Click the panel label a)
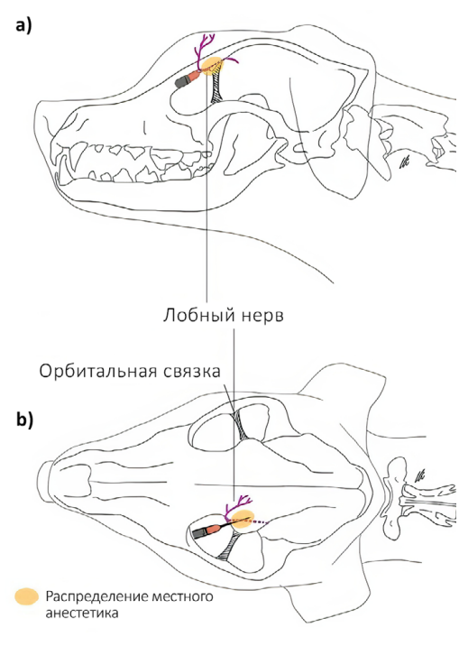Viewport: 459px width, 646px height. tap(23, 26)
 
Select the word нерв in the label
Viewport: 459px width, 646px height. tap(262, 318)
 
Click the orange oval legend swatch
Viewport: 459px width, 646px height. tap(27, 596)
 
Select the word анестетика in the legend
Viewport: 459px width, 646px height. tap(82, 613)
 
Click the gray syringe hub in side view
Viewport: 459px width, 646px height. tap(181, 81)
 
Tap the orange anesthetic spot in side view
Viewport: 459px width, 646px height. tap(212, 66)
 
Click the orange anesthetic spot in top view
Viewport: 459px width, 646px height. tap(243, 519)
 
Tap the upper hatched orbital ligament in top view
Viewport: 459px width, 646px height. tap(241, 425)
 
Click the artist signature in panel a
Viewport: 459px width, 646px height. tap(404, 163)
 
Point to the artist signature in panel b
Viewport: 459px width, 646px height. tap(419, 476)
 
